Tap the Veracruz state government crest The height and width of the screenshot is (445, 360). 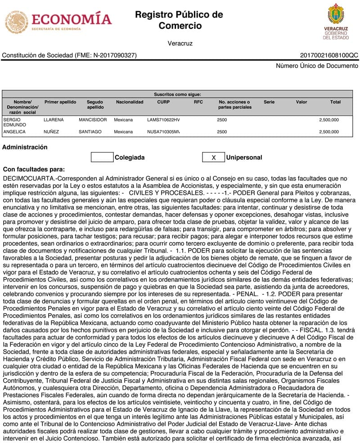tap(336, 21)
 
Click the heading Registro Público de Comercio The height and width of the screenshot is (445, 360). tap(179, 20)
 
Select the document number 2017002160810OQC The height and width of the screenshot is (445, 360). tap(329, 55)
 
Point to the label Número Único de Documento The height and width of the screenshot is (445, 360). tap(317, 66)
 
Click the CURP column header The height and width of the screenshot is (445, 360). tap(163, 102)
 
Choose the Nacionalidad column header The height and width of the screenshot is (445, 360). tap(130, 102)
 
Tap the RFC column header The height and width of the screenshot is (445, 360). tap(198, 102)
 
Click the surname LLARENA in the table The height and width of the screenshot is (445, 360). tap(54, 120)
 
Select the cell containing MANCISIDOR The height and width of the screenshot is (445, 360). tap(93, 120)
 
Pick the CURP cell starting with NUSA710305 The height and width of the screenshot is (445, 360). tap(163, 132)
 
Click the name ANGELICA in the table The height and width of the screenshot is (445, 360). tap(15, 132)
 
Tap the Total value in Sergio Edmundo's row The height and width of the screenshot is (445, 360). tap(329, 120)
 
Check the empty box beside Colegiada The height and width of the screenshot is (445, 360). tap(102, 157)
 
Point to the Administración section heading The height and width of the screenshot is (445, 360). tap(25, 147)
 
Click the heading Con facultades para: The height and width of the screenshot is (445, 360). tap(34, 169)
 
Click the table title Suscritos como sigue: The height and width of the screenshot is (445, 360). tap(177, 94)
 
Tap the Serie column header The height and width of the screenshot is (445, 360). tap(269, 102)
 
